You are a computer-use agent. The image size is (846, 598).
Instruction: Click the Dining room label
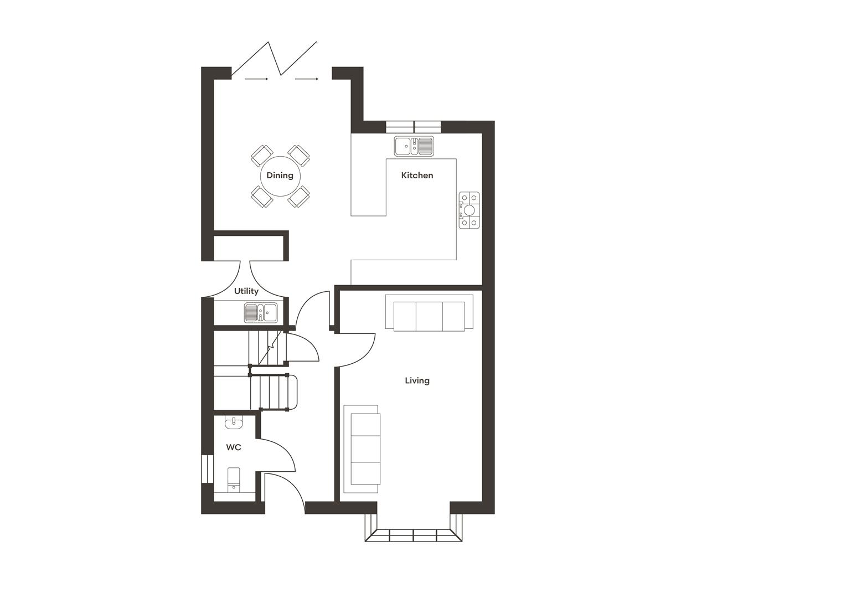(280, 176)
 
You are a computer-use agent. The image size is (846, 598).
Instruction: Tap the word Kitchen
(417, 176)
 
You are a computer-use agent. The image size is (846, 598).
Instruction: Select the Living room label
(417, 380)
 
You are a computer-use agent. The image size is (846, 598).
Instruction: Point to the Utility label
(246, 291)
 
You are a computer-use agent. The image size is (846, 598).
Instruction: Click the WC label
(234, 447)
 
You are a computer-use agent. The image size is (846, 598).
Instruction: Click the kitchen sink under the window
(414, 146)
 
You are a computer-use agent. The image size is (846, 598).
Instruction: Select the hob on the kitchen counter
(470, 210)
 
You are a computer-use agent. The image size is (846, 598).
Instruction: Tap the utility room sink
(260, 312)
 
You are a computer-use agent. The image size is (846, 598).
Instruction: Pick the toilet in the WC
(234, 480)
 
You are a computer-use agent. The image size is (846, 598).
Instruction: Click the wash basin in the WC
(234, 423)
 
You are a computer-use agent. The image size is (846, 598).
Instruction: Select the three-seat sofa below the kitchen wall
(429, 316)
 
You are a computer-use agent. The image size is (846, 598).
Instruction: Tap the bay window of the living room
(413, 535)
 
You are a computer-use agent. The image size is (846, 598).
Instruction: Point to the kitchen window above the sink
(414, 127)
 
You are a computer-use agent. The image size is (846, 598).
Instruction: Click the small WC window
(207, 468)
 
